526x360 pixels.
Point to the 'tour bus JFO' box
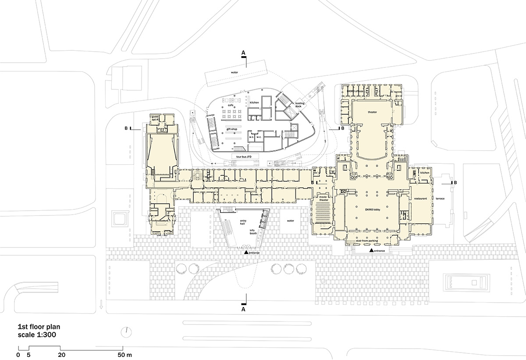click(244, 156)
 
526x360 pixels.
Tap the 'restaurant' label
click(420, 198)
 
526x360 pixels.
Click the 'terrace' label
click(440, 198)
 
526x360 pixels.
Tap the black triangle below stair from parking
click(372, 250)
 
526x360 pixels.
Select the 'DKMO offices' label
click(356, 91)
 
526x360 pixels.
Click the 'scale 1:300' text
click(36, 335)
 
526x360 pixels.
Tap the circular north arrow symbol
click(126, 331)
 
